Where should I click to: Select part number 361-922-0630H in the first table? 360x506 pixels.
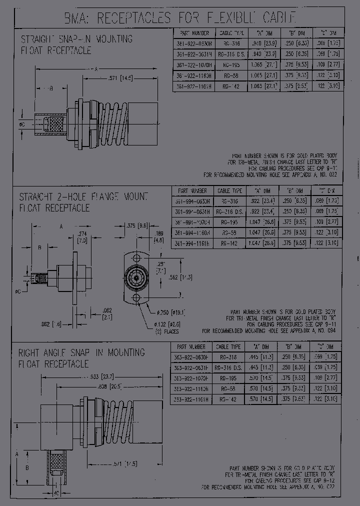point(193,43)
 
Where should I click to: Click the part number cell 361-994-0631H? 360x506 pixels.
point(192,211)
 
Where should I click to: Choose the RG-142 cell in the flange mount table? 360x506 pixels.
point(229,243)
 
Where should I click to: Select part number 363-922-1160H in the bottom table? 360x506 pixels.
point(190,388)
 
